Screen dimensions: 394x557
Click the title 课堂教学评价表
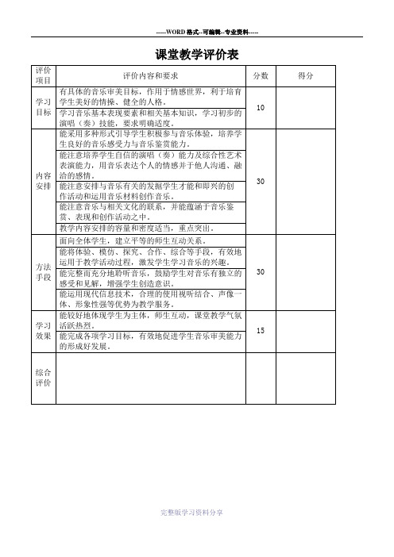point(197,54)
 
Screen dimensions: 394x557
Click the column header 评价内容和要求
point(150,75)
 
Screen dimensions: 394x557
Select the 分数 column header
point(261,75)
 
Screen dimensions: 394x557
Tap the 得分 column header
point(306,75)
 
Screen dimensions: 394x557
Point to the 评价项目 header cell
point(43,75)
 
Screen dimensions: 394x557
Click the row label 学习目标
point(43,107)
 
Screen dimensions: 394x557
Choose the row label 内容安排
point(43,181)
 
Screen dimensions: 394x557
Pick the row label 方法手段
point(43,272)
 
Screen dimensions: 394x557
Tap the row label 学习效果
point(43,331)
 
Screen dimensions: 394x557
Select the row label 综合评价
point(43,378)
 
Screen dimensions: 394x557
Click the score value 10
point(261,107)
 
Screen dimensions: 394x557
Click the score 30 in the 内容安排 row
point(261,181)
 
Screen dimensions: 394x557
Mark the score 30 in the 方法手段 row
point(261,271)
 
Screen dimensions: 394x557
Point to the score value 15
point(261,330)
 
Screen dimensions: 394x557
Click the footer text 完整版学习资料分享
point(191,513)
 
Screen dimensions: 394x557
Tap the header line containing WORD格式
point(207,32)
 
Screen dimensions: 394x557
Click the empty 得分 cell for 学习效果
point(306,332)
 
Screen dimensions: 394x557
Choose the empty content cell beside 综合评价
point(151,378)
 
